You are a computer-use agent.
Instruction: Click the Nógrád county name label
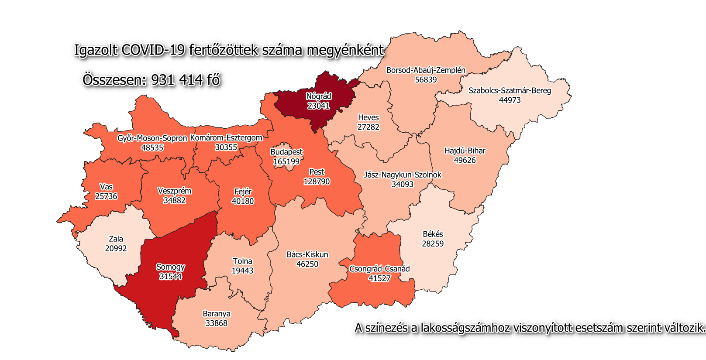point(318,96)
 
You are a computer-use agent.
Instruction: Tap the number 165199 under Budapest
point(286,161)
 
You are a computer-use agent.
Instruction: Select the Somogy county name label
point(170,267)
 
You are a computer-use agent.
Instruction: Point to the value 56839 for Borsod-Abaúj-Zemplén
point(426,80)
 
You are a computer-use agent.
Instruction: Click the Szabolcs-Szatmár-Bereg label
point(510,91)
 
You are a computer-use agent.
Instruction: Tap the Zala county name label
point(116,239)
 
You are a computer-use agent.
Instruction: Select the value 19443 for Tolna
point(242,271)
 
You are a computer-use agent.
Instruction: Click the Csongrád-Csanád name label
point(379,269)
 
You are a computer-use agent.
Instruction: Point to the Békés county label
point(433,234)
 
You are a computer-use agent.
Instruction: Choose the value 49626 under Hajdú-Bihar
point(465,160)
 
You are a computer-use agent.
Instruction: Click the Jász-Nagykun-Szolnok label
point(402,175)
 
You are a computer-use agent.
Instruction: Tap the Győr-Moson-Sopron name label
point(152,138)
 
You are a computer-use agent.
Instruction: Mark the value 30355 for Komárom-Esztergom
point(226,147)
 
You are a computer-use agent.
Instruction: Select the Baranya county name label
point(217,314)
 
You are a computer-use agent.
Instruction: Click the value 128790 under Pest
point(317,182)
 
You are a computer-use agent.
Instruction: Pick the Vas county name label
point(106,187)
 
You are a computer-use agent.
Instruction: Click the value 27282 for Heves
point(368,127)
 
